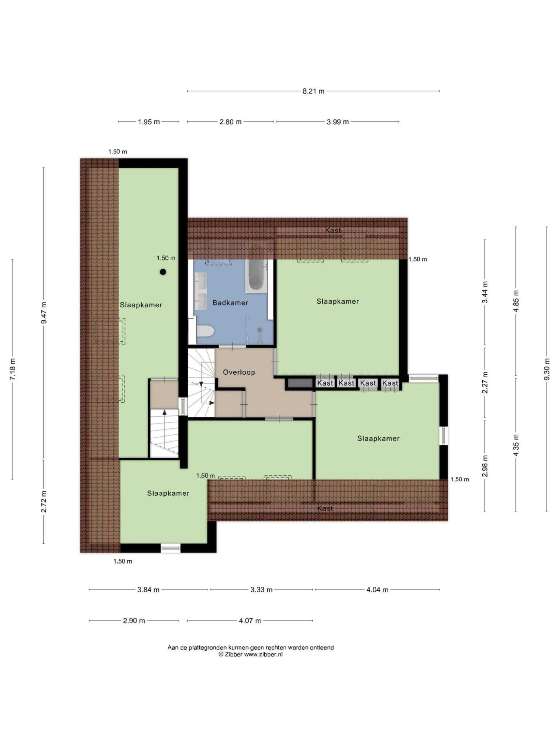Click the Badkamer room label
(x=230, y=302)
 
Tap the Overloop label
(x=239, y=372)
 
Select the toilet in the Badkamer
(x=205, y=332)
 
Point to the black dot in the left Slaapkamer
(x=163, y=272)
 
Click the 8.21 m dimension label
(x=313, y=91)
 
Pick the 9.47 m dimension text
(x=44, y=312)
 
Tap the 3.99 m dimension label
(x=338, y=122)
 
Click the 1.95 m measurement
(x=149, y=122)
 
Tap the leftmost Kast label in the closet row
(x=325, y=383)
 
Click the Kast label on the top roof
(x=333, y=230)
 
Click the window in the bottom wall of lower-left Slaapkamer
(x=170, y=548)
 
